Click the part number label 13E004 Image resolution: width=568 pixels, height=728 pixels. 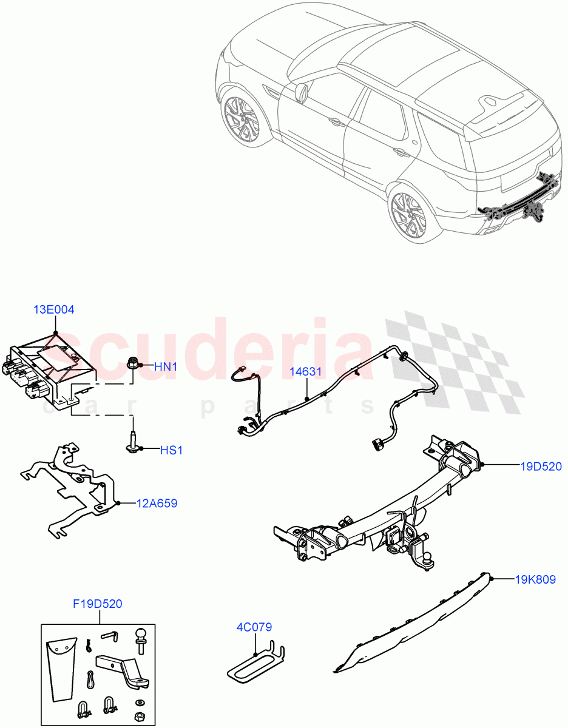tap(53, 310)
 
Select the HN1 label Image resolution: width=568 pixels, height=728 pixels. tap(164, 366)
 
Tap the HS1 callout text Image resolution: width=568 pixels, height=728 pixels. tap(171, 450)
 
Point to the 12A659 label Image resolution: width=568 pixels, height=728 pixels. tap(157, 504)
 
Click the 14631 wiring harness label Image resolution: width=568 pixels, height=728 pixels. tap(305, 371)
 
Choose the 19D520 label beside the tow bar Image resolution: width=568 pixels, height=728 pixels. tap(541, 467)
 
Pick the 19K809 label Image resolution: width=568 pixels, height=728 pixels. tap(535, 579)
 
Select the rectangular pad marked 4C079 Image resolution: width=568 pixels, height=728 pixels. tap(255, 664)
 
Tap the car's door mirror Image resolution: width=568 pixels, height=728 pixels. tap(301, 92)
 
